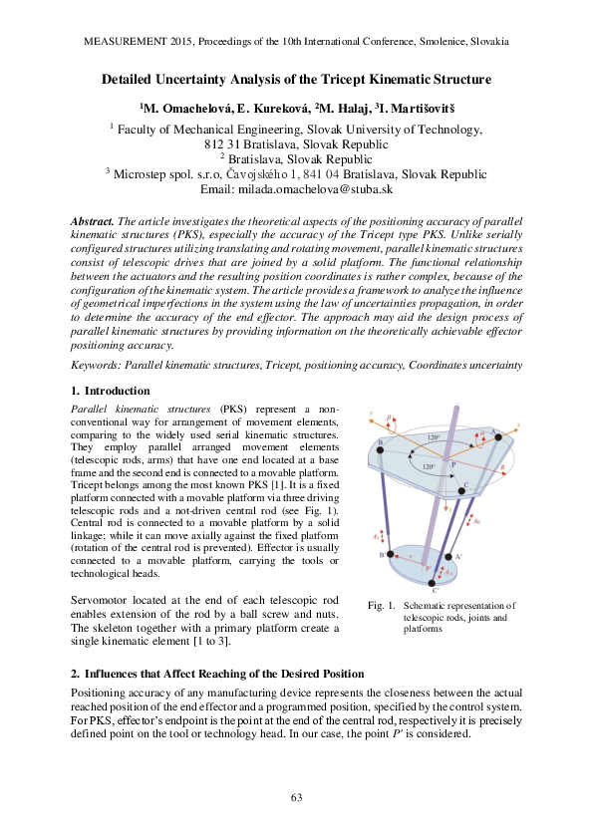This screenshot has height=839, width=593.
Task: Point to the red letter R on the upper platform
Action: tap(512, 464)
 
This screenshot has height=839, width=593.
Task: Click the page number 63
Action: tap(296, 797)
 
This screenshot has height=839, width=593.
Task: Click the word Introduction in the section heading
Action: tap(117, 391)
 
